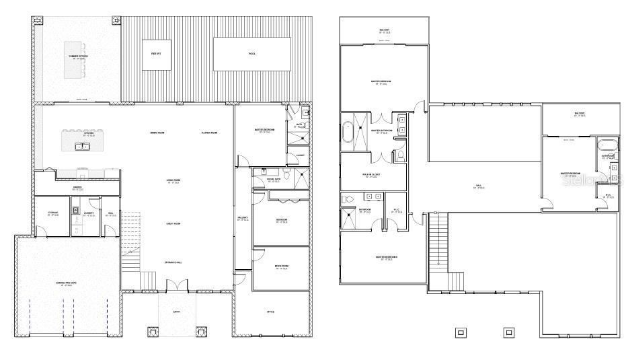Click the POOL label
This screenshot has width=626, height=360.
tap(252, 53)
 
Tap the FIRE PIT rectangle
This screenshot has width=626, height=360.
tap(155, 53)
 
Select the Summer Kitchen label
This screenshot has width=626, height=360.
tap(79, 57)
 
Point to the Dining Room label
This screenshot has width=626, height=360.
tap(157, 133)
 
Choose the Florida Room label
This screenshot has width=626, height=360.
tap(210, 133)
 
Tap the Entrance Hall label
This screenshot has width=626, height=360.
tap(174, 262)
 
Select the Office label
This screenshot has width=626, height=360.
tap(270, 312)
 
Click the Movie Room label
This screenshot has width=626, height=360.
tap(281, 268)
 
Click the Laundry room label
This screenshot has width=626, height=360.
tap(88, 214)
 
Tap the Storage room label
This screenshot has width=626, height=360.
tap(52, 214)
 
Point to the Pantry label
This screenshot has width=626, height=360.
tap(77, 188)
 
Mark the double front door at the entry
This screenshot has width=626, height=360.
tap(173, 285)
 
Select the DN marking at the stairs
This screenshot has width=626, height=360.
tap(436, 213)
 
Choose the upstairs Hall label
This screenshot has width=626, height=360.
tap(479, 186)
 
